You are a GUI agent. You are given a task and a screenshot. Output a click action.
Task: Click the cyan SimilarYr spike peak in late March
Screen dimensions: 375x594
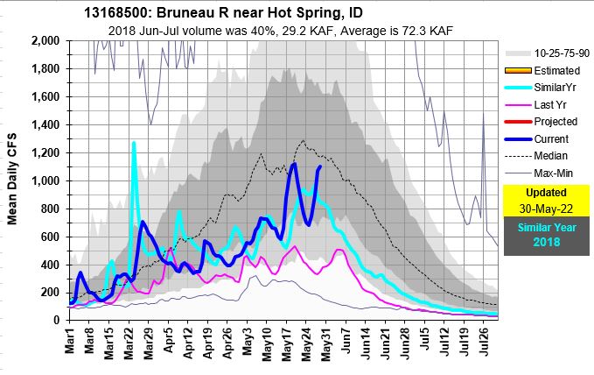pyautogui.click(x=134, y=143)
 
